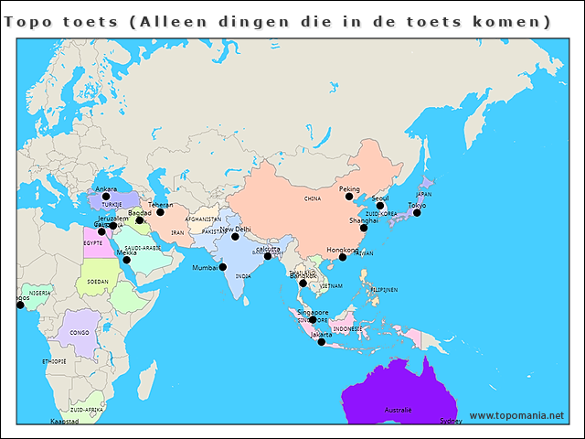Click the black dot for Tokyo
[x=417, y=212]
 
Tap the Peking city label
[x=349, y=189]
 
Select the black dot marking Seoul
[x=380, y=206]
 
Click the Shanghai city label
[x=363, y=220]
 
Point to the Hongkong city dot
[x=343, y=257]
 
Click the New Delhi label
[x=235, y=229]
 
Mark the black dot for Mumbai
[x=223, y=267]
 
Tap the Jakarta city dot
[x=321, y=342]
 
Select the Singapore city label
[x=312, y=312]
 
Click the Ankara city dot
[x=106, y=197]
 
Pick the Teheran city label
[x=160, y=205]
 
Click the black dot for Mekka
[x=127, y=260]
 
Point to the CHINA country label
[x=313, y=198]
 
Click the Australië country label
[x=398, y=410]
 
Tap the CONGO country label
[x=80, y=333]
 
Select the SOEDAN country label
[x=98, y=282]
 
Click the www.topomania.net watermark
[x=516, y=415]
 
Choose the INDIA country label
[x=243, y=275]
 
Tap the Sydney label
[x=451, y=422]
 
